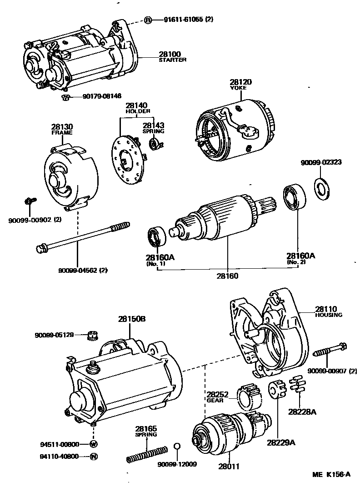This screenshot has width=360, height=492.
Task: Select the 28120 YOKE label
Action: click(x=240, y=84)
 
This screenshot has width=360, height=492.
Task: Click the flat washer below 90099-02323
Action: click(x=323, y=188)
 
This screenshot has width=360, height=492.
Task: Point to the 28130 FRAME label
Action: click(x=62, y=130)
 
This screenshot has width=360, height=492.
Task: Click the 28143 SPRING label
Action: click(x=153, y=128)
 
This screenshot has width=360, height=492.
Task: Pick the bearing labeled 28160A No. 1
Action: click(x=156, y=236)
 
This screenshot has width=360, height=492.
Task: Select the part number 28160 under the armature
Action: click(x=227, y=276)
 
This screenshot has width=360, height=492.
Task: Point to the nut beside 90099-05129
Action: click(x=93, y=336)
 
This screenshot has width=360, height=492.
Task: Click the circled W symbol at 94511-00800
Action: click(x=94, y=443)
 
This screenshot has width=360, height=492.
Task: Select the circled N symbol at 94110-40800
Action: click(x=94, y=456)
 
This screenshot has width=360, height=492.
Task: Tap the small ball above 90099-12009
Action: click(x=178, y=446)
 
